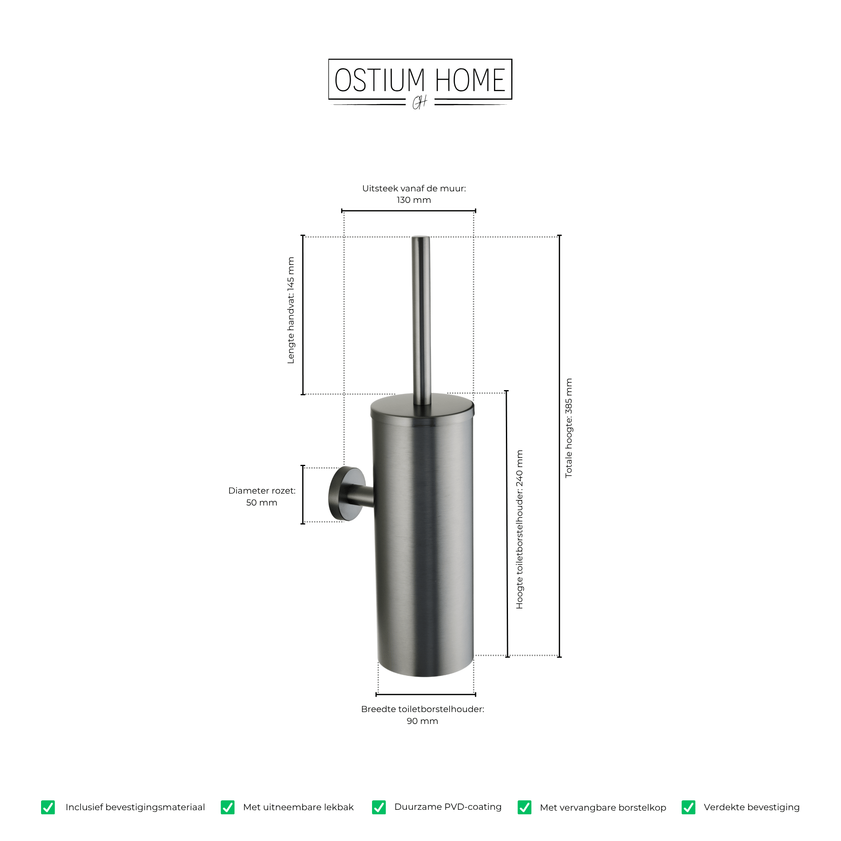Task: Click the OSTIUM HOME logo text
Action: [420, 80]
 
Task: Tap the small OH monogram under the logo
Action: [420, 103]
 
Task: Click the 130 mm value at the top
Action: [414, 200]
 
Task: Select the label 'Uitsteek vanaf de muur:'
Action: [414, 188]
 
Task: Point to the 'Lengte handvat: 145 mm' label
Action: [291, 310]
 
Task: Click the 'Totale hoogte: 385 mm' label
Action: [568, 428]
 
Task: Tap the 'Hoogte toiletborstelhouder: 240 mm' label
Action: [519, 529]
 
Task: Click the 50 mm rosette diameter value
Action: [262, 503]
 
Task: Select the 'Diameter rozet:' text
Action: [262, 491]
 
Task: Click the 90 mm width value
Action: [422, 721]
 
